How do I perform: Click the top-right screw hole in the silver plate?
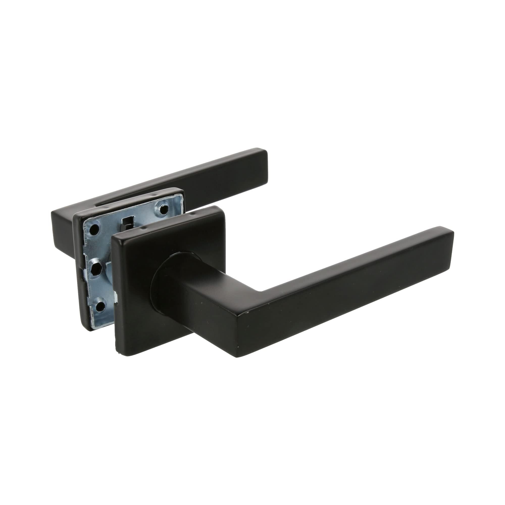click(x=164, y=209)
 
